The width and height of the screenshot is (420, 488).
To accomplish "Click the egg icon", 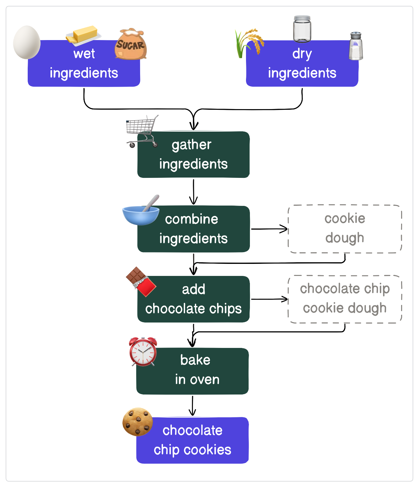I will (27, 42).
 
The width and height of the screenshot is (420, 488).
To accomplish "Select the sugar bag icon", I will (131, 45).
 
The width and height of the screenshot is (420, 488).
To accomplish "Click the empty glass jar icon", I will (302, 29).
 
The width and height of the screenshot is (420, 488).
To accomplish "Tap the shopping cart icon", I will (142, 130).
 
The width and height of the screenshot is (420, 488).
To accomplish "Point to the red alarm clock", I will (143, 352).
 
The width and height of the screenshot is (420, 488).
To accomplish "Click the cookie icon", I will (138, 422).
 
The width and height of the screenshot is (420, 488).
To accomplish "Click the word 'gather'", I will (192, 145).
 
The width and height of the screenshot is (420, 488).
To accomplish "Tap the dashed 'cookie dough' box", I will (345, 229).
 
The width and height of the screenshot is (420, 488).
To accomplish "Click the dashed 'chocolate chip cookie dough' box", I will (345, 299).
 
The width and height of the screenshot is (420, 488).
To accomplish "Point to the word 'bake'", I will (195, 360).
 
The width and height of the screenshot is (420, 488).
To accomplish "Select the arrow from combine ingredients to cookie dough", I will (269, 229).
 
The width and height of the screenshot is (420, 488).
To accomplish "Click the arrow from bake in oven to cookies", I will (193, 406).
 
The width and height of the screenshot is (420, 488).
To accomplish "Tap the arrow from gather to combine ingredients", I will (194, 192).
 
